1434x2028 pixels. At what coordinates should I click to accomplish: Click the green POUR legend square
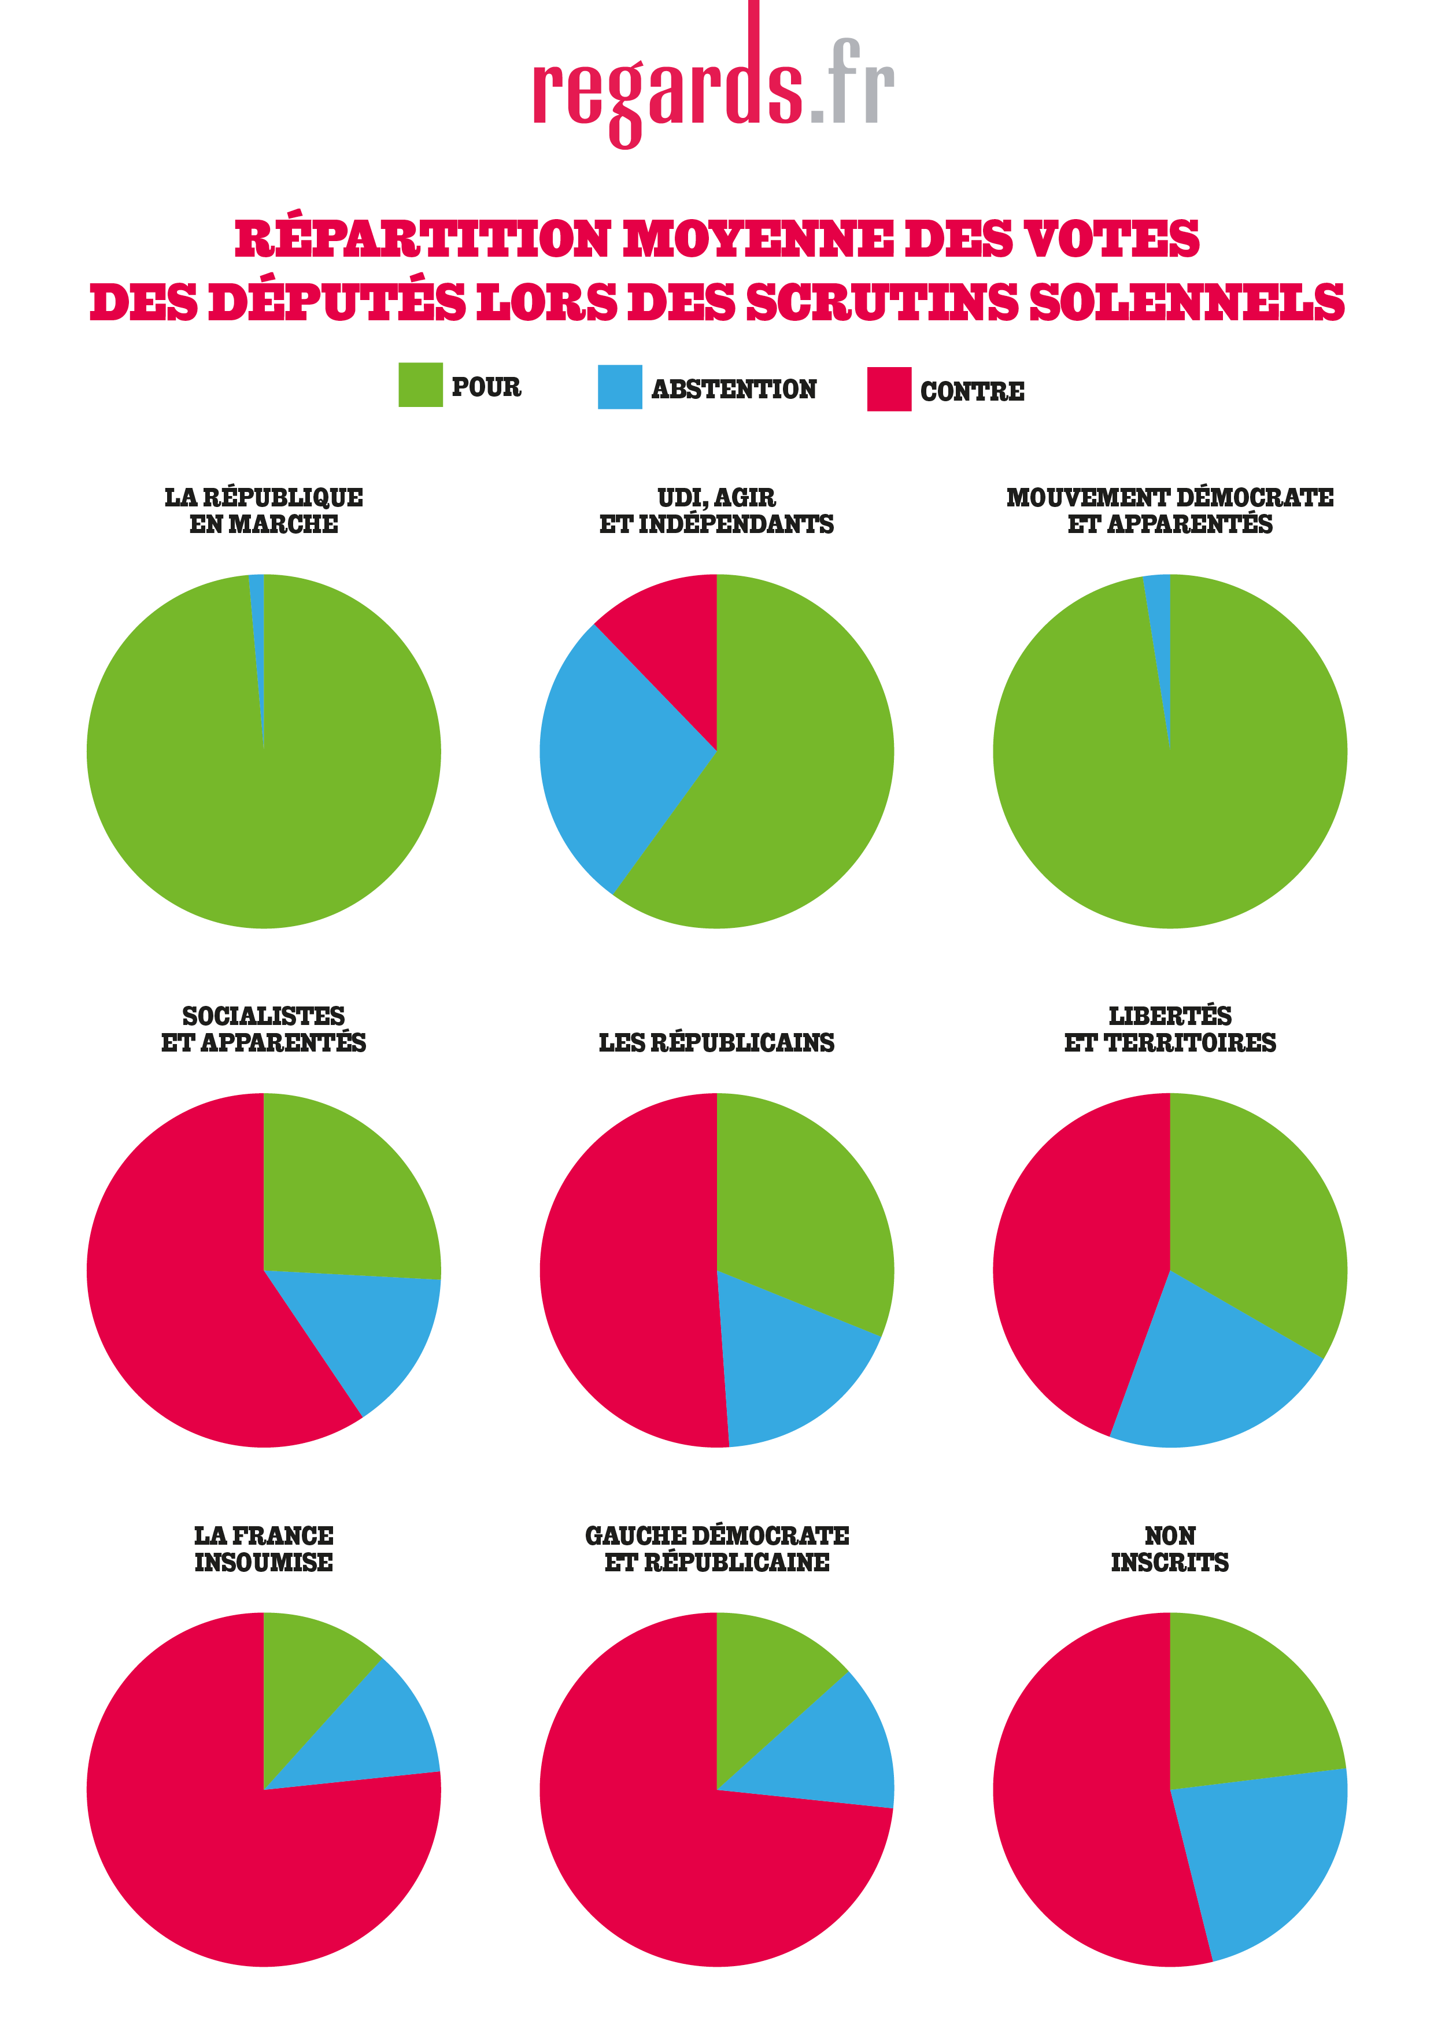(x=420, y=384)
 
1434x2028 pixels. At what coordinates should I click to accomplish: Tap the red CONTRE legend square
(x=888, y=390)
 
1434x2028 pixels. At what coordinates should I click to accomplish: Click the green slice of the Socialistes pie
(x=345, y=1193)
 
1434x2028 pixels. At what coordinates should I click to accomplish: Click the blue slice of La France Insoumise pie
(x=380, y=1731)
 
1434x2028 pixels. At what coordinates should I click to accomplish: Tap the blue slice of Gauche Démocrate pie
(x=840, y=1749)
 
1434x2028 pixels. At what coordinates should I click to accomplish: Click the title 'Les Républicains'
(x=716, y=1042)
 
